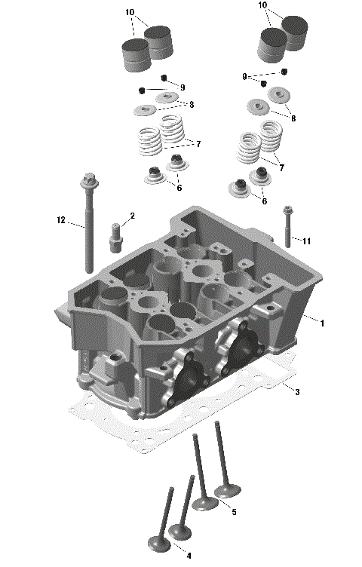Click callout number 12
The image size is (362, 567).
tap(60, 221)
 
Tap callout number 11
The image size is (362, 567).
tap(307, 241)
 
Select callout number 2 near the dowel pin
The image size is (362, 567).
tap(132, 216)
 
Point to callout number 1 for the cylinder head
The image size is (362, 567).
tap(322, 323)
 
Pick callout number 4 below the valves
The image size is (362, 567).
tap(189, 556)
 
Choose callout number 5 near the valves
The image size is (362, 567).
tap(233, 512)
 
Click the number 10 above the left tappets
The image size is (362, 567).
tap(130, 13)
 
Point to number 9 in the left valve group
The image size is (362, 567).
tap(183, 87)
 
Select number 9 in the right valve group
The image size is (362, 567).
tap(244, 77)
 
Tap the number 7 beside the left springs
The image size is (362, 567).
tap(198, 143)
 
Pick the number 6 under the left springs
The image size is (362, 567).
tap(179, 187)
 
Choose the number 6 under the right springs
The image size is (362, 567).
tap(264, 201)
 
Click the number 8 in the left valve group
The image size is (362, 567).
tap(192, 104)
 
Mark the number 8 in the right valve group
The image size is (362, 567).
tap(293, 118)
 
